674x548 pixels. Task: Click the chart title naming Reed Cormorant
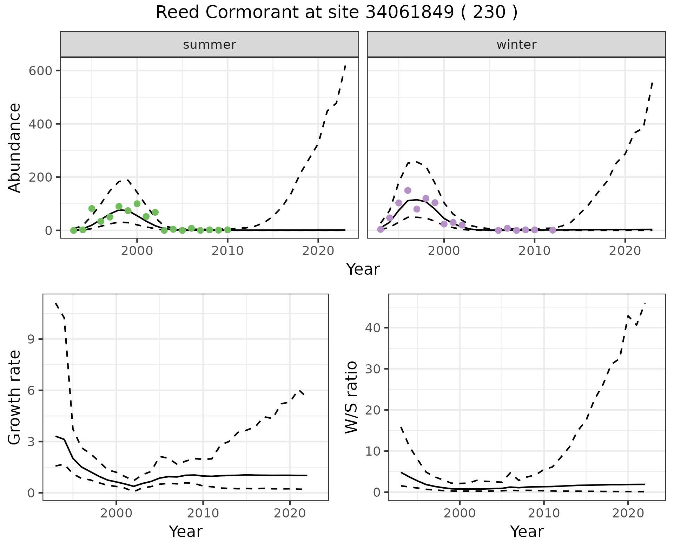(x=337, y=13)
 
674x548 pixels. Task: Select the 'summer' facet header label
(x=210, y=45)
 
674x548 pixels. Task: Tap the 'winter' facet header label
(x=516, y=45)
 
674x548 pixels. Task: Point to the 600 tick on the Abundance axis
(x=41, y=71)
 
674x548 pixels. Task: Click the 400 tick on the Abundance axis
(x=41, y=124)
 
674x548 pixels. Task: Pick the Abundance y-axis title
(x=15, y=148)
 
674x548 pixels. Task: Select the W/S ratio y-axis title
(x=351, y=397)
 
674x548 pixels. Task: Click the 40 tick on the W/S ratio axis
(x=373, y=328)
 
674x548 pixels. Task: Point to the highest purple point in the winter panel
(x=408, y=190)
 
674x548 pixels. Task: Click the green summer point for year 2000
(x=137, y=204)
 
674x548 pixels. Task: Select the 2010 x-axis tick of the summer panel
(x=227, y=251)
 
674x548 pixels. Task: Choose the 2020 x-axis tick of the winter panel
(x=625, y=251)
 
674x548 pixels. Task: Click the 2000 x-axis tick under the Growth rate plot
(x=116, y=513)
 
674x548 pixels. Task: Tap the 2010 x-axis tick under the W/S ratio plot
(x=544, y=513)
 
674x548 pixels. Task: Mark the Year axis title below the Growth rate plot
(x=186, y=532)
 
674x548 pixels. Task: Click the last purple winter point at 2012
(x=553, y=230)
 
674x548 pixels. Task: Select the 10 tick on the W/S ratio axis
(x=373, y=451)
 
